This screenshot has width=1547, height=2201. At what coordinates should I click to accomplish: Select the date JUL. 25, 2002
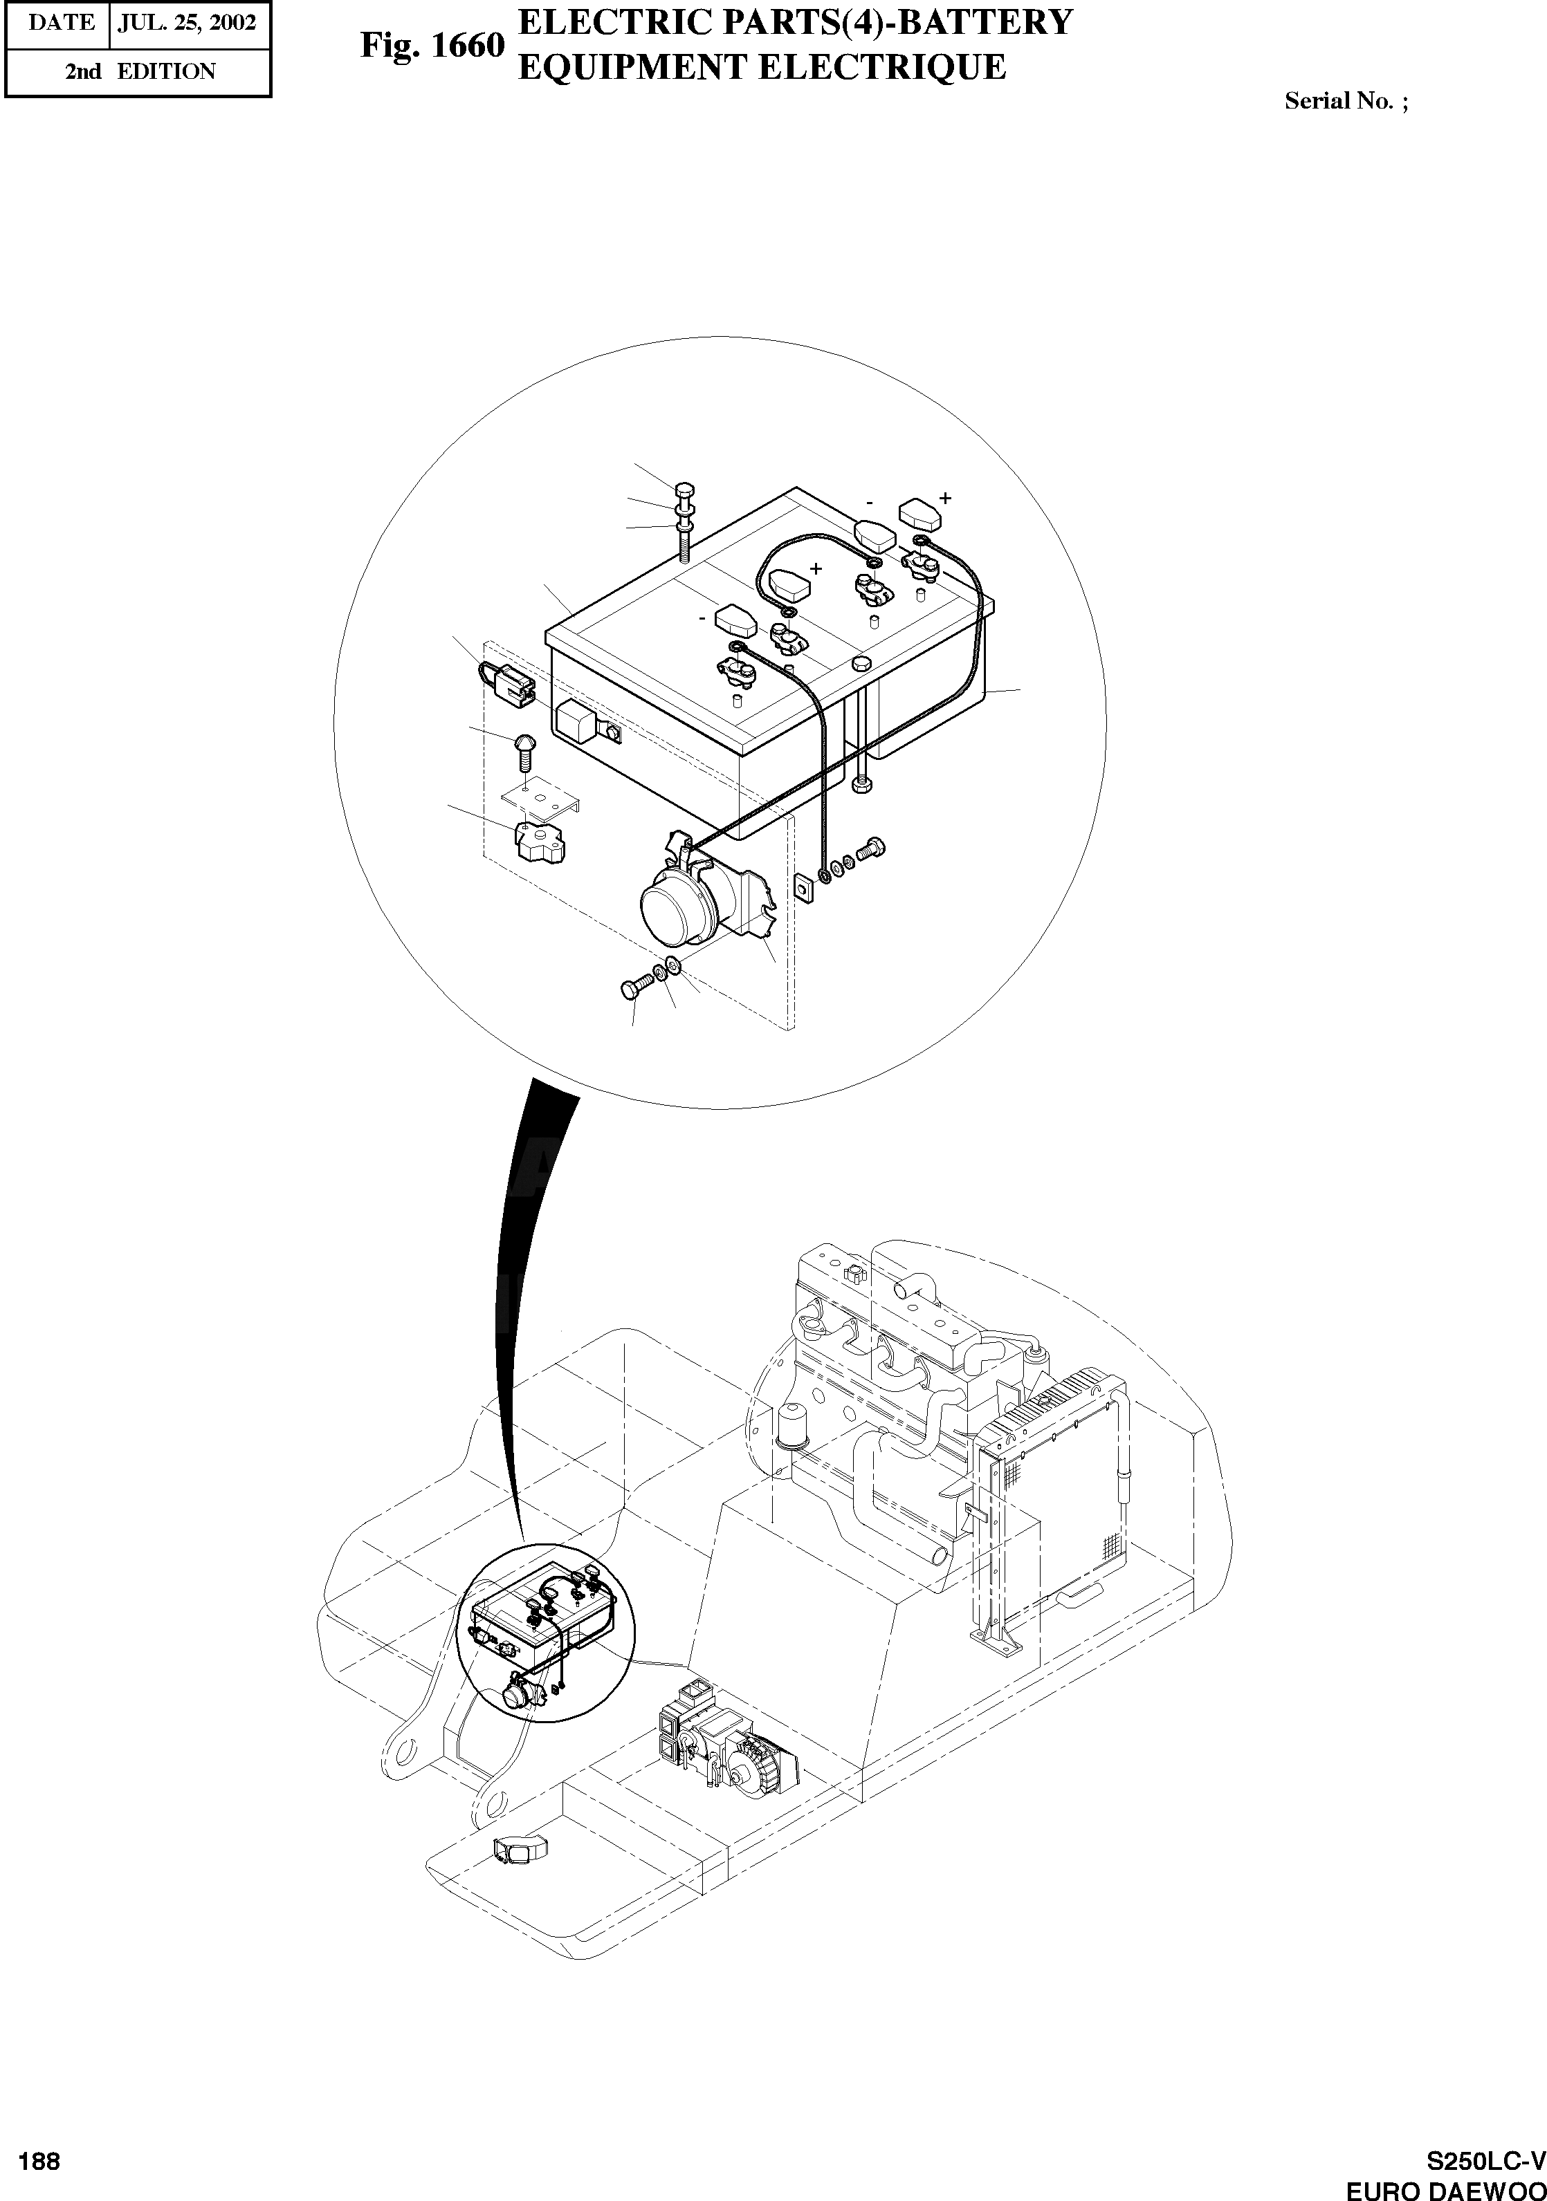pyautogui.click(x=187, y=23)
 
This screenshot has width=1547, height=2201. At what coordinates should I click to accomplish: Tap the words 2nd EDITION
pyautogui.click(x=140, y=72)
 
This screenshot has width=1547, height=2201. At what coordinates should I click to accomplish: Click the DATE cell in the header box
pyautogui.click(x=60, y=23)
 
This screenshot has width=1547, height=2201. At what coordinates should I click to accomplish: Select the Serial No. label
pyautogui.click(x=1346, y=101)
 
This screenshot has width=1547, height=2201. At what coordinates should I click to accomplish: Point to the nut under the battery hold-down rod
pyautogui.click(x=862, y=785)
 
